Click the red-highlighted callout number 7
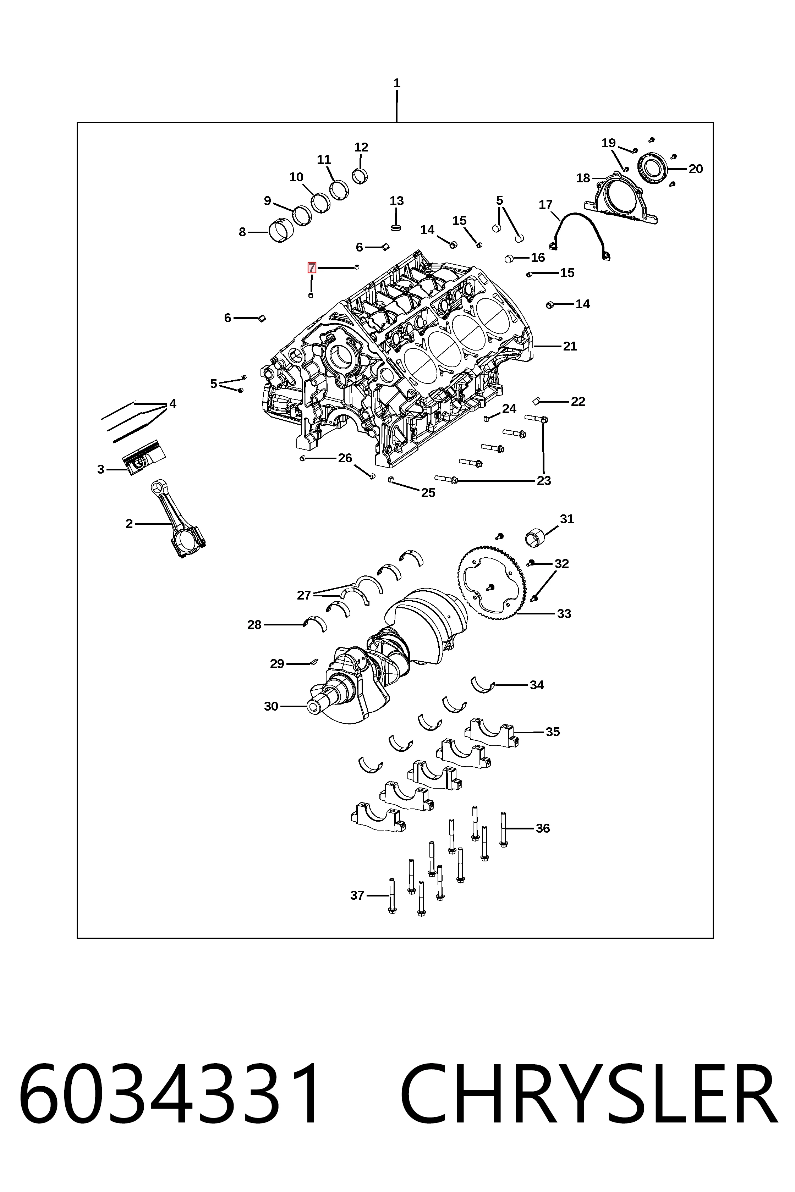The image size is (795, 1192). pos(312,267)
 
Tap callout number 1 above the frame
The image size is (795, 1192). pos(397,83)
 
